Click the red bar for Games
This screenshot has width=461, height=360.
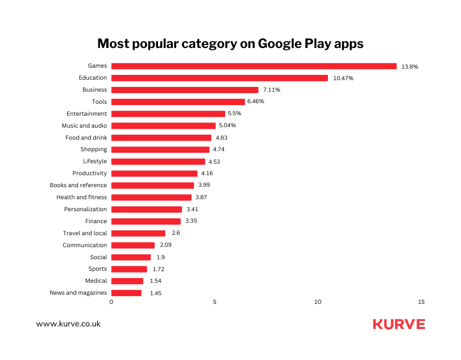[254, 66]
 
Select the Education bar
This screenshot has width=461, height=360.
[219, 78]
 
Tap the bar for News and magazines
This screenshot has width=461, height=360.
[126, 293]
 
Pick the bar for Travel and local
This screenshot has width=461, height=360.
[138, 233]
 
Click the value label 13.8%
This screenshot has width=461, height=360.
[410, 67]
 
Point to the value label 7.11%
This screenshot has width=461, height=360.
[271, 90]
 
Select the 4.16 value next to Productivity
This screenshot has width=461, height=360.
[207, 173]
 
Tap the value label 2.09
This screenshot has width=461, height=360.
[165, 245]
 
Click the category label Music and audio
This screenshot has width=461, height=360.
[84, 126]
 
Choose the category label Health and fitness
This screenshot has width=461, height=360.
[82, 197]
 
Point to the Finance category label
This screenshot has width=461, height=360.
[96, 221]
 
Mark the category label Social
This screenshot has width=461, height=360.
[98, 257]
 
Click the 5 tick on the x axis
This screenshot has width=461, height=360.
[215, 302]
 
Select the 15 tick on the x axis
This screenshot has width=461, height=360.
[421, 302]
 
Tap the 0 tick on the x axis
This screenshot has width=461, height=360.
[111, 302]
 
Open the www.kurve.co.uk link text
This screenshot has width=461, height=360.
[68, 324]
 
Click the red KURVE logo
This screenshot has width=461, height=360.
[399, 324]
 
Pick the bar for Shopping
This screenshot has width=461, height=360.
[160, 150]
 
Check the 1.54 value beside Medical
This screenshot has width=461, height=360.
[155, 281]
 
